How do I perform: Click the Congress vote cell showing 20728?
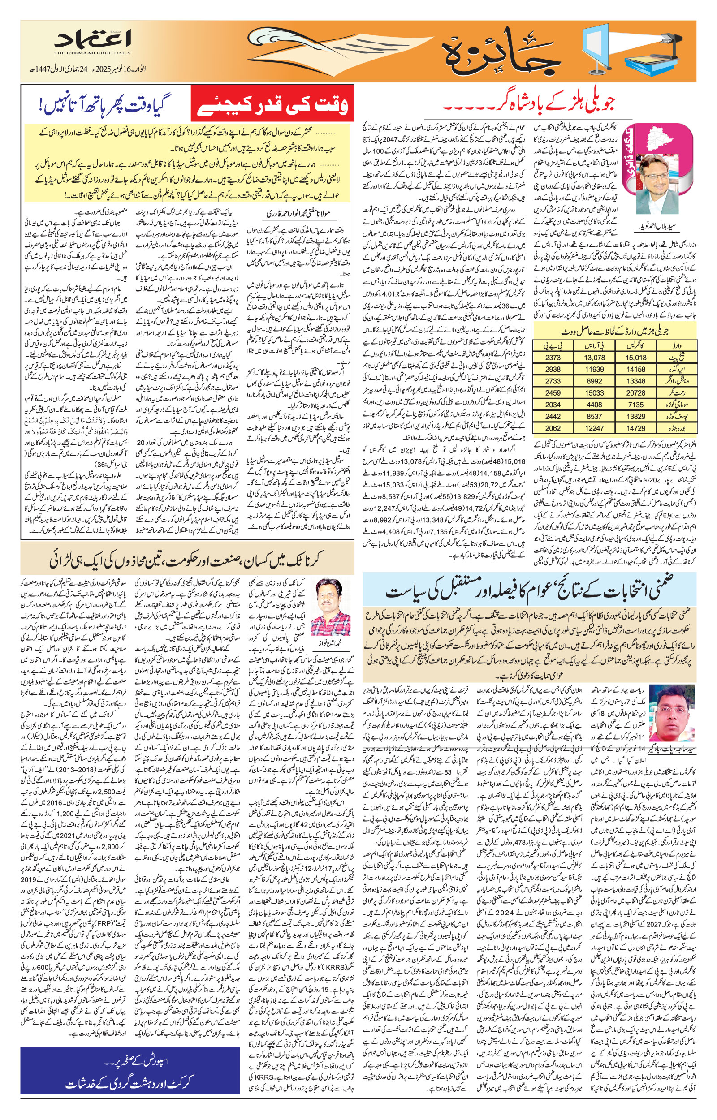(635, 393)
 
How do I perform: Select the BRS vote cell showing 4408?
(595, 405)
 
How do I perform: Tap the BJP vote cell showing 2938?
(553, 369)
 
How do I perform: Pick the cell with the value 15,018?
(635, 358)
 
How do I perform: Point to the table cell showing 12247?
(595, 428)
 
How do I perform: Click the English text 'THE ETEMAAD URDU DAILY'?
(92, 53)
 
